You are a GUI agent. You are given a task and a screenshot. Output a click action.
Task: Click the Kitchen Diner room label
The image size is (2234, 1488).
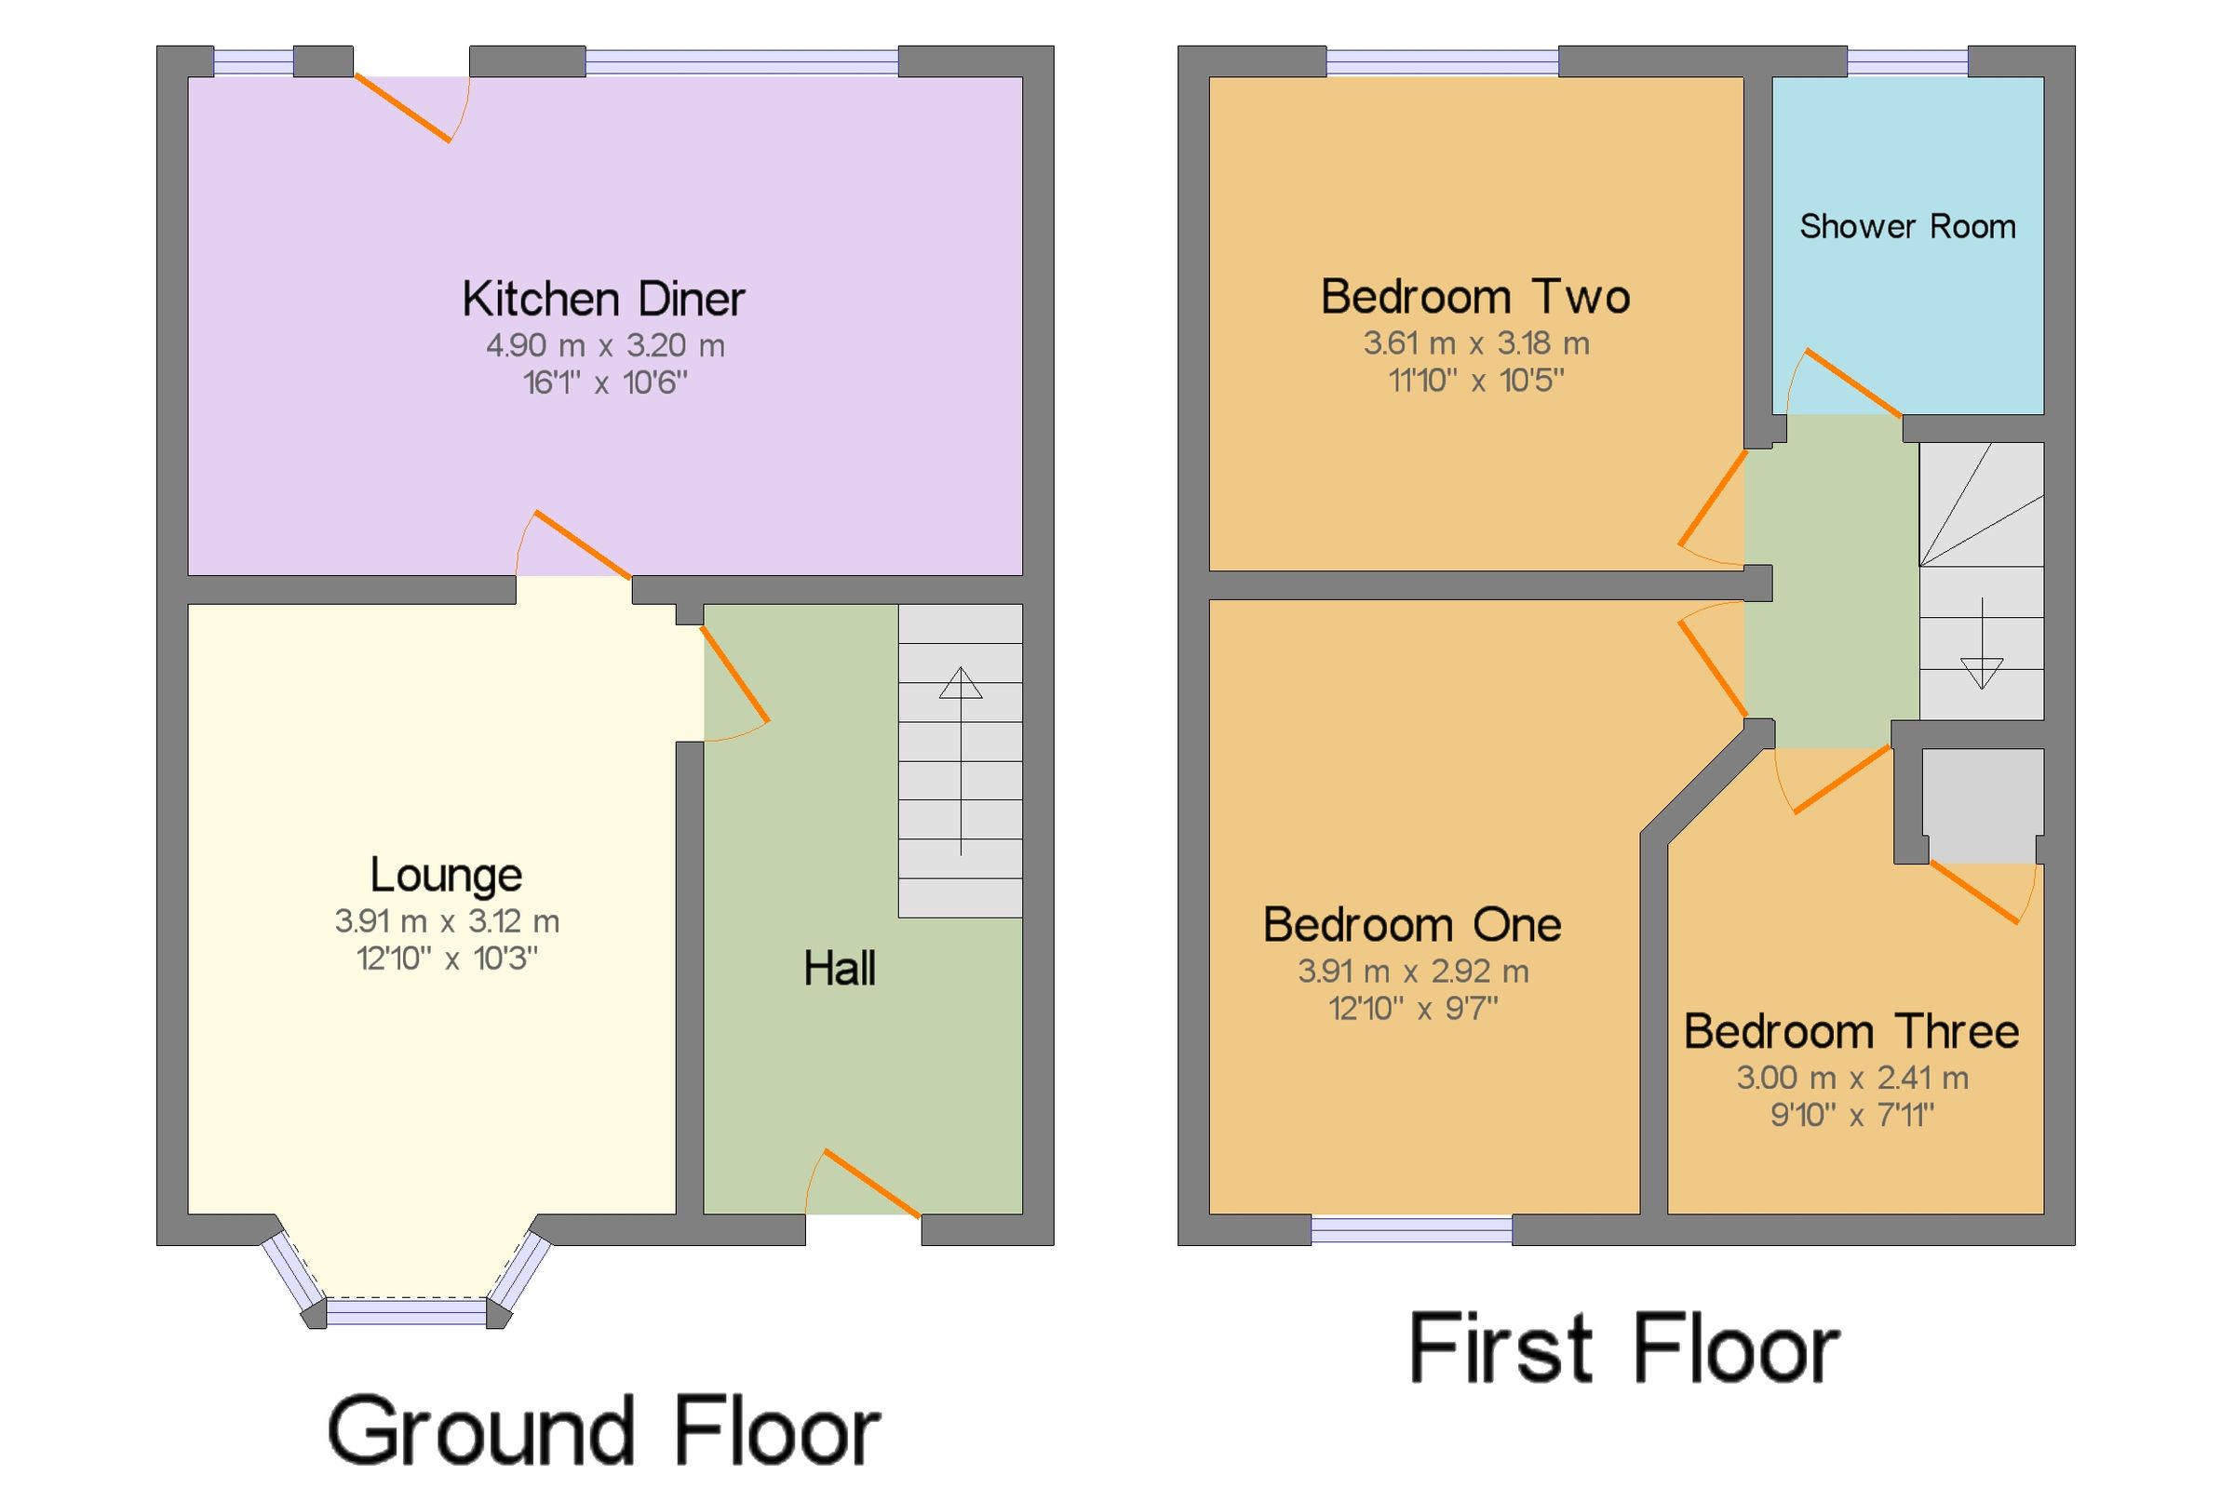[x=603, y=299]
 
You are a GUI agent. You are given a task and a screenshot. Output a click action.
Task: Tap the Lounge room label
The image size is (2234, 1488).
[x=445, y=875]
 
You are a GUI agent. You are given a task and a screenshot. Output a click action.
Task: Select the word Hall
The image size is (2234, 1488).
[x=839, y=969]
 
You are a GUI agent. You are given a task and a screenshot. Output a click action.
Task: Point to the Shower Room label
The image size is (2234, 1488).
[x=1907, y=227]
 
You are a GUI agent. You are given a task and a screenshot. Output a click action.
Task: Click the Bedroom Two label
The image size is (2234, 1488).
[x=1475, y=296]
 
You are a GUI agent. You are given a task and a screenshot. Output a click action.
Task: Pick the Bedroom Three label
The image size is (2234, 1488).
[x=1851, y=1031]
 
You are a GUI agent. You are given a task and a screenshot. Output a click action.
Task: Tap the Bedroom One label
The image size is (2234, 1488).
[x=1412, y=924]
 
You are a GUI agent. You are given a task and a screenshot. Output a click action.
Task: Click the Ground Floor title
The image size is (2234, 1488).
[x=603, y=1431]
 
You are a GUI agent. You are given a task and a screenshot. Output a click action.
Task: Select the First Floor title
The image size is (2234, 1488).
[x=1624, y=1347]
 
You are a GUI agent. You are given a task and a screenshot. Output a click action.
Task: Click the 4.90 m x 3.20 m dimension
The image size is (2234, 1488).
[x=605, y=345]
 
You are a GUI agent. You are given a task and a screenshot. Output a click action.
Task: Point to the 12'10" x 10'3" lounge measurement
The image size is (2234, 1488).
[x=447, y=958]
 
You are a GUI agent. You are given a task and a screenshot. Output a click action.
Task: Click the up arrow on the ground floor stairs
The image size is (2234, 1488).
[x=961, y=760]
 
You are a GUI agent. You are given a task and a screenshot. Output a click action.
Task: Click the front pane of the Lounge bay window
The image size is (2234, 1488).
[x=406, y=1312]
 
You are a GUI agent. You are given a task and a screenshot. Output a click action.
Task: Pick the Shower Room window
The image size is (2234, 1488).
[x=1907, y=61]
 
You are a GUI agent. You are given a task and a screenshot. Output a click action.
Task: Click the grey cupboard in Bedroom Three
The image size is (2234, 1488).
[x=1983, y=806]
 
